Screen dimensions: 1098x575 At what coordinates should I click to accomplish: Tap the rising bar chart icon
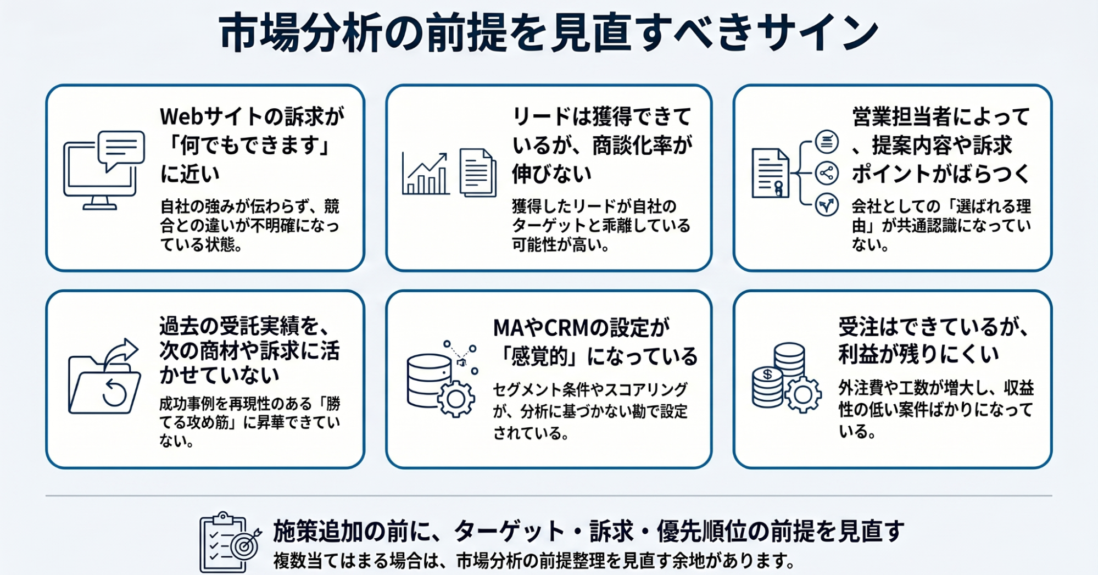tap(425, 174)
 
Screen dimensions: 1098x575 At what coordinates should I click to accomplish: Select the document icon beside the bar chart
tap(478, 172)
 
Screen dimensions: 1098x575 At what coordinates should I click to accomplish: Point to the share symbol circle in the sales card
tap(826, 173)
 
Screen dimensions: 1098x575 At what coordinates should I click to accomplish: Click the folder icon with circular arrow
tap(104, 376)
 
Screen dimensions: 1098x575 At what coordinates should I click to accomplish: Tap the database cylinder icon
tap(428, 380)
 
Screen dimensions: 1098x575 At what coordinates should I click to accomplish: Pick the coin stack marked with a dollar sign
tap(767, 387)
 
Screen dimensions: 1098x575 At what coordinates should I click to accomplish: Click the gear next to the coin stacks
tap(803, 394)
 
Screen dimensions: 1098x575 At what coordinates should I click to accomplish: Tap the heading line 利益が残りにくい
tap(918, 355)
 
